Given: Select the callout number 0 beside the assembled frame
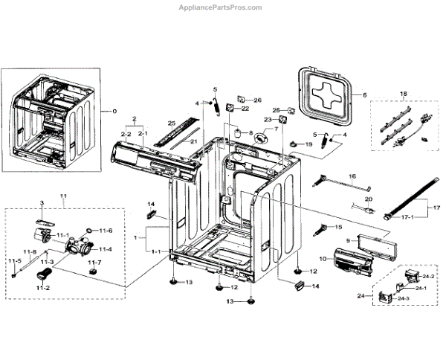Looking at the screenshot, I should (x=114, y=111).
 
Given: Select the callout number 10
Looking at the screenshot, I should (x=323, y=258).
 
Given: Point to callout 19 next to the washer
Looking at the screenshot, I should (x=309, y=144).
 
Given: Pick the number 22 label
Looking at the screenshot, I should (x=245, y=109).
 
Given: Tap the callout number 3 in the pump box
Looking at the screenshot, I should (x=42, y=203).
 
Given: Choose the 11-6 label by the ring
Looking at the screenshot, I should (x=106, y=231).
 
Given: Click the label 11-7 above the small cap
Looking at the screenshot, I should (x=94, y=263).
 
